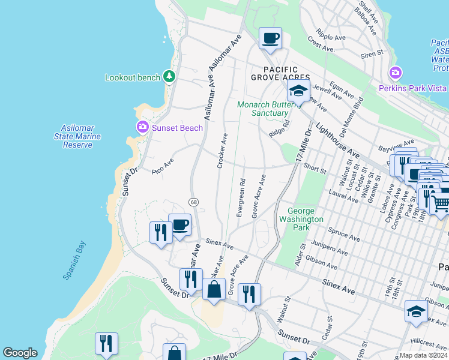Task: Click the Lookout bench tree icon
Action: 170,77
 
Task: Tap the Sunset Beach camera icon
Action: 143,127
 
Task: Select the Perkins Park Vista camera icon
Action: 395,73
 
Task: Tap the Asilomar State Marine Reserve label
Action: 81,136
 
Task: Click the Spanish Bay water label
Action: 74,260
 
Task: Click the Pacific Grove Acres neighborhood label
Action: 280,74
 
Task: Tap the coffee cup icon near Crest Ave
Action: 270,38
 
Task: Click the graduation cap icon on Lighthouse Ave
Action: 298,91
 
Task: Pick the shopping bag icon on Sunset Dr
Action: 214,289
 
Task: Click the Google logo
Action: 20,353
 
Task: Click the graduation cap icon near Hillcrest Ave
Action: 415,311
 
